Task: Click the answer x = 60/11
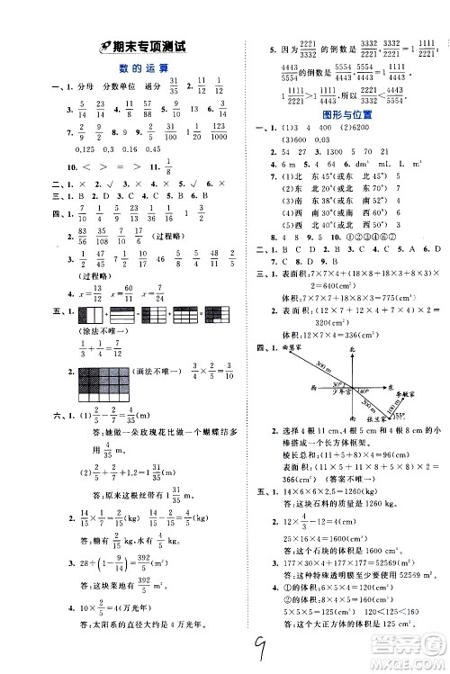pos(127,292)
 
